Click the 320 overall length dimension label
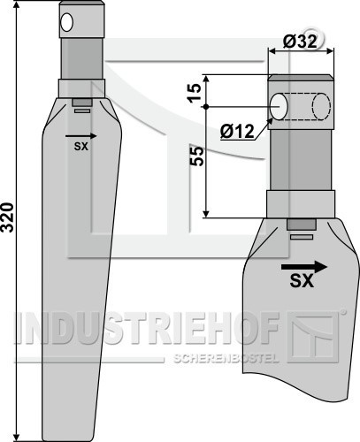(x=8, y=217)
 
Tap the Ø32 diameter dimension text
(x=300, y=42)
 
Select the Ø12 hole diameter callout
(x=237, y=132)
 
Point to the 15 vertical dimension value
(x=195, y=93)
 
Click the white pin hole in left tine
(x=67, y=22)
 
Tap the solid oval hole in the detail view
(x=279, y=107)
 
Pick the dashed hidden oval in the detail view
(x=321, y=107)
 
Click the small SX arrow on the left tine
(x=81, y=136)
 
